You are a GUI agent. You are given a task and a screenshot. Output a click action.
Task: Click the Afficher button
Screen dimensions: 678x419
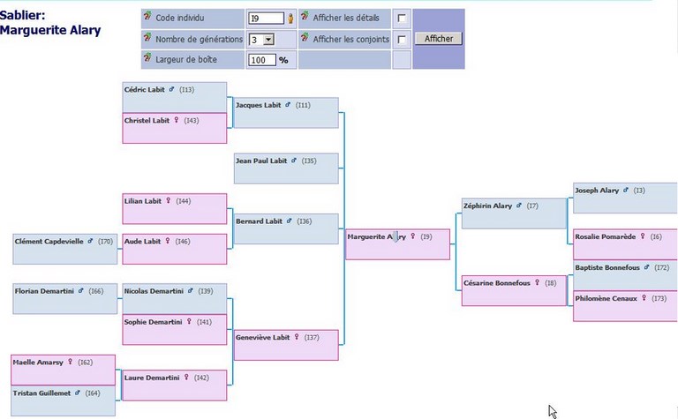(x=439, y=39)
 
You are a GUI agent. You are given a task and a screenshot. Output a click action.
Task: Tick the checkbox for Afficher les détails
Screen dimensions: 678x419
(x=402, y=19)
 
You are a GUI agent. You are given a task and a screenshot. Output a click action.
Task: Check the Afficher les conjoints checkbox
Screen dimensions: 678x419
(x=402, y=40)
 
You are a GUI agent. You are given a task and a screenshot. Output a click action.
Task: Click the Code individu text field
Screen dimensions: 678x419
(x=266, y=19)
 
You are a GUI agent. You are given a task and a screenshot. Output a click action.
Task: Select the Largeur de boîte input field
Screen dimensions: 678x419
(x=262, y=60)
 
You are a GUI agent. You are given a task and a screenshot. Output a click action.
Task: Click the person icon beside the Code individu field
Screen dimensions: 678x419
(x=290, y=19)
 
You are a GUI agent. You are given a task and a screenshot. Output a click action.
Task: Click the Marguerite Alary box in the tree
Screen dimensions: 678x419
(x=398, y=244)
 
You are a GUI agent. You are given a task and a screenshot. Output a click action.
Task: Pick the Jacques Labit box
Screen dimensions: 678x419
(x=286, y=113)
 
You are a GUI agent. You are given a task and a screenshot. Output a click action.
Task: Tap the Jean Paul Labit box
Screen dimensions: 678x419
(x=286, y=168)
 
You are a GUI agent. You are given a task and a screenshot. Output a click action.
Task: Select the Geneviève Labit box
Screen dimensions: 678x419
(x=286, y=345)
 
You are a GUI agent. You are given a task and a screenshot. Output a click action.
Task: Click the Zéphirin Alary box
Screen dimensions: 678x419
(x=514, y=213)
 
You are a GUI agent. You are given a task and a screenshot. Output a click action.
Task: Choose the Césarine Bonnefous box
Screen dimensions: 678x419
(x=514, y=290)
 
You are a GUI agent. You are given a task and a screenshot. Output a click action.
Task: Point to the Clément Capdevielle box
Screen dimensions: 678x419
(x=64, y=249)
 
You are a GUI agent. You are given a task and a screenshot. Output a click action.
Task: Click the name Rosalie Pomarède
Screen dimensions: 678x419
(x=606, y=236)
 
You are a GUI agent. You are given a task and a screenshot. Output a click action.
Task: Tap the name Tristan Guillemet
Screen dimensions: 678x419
(x=41, y=393)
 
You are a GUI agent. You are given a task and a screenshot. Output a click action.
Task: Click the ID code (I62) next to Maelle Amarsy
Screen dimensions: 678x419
(x=85, y=363)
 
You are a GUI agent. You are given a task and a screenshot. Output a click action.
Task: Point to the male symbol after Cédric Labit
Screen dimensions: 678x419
(x=171, y=89)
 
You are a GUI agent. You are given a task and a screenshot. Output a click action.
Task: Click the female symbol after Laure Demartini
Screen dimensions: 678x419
(x=186, y=378)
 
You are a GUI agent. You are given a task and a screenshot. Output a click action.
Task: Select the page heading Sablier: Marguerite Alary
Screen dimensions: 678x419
(x=50, y=23)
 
